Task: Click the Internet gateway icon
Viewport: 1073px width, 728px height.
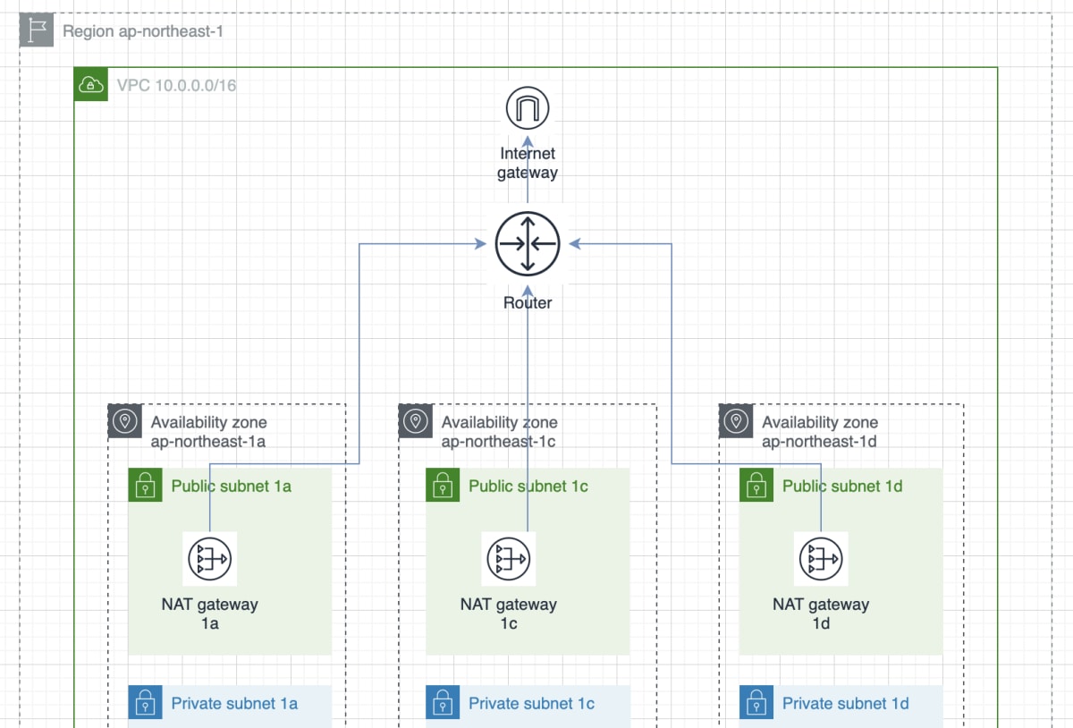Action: pyautogui.click(x=528, y=108)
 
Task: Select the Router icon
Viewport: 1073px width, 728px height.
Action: pyautogui.click(x=528, y=244)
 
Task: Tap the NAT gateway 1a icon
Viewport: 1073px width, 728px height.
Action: pyautogui.click(x=210, y=559)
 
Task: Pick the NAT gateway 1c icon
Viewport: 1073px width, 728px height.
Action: pyautogui.click(x=509, y=559)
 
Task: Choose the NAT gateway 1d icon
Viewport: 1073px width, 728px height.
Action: pyautogui.click(x=821, y=559)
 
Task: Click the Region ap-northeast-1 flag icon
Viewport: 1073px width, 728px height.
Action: pyautogui.click(x=37, y=30)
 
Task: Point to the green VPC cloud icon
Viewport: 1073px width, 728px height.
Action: pyautogui.click(x=91, y=84)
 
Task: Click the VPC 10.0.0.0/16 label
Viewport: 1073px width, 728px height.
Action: pyautogui.click(x=177, y=85)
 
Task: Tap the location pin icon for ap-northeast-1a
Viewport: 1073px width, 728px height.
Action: pyautogui.click(x=125, y=421)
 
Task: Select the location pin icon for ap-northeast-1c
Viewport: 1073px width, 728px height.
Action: pyautogui.click(x=415, y=421)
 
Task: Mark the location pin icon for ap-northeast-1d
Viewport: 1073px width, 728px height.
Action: pyautogui.click(x=736, y=421)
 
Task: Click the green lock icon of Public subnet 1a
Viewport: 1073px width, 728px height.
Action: pyautogui.click(x=145, y=485)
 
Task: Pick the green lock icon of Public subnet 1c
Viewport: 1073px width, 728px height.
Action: pyautogui.click(x=443, y=485)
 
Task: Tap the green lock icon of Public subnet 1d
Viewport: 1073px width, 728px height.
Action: pyautogui.click(x=756, y=485)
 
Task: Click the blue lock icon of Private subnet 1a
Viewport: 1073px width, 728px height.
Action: pyautogui.click(x=145, y=703)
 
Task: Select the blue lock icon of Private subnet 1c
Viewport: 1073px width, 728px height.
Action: pyautogui.click(x=443, y=703)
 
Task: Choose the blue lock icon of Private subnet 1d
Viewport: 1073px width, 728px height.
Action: pyautogui.click(x=756, y=703)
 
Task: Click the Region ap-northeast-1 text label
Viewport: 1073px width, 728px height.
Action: pyautogui.click(x=143, y=31)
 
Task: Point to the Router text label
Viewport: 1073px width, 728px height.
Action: pyautogui.click(x=528, y=303)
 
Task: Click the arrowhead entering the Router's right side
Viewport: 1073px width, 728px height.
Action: pyautogui.click(x=575, y=244)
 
